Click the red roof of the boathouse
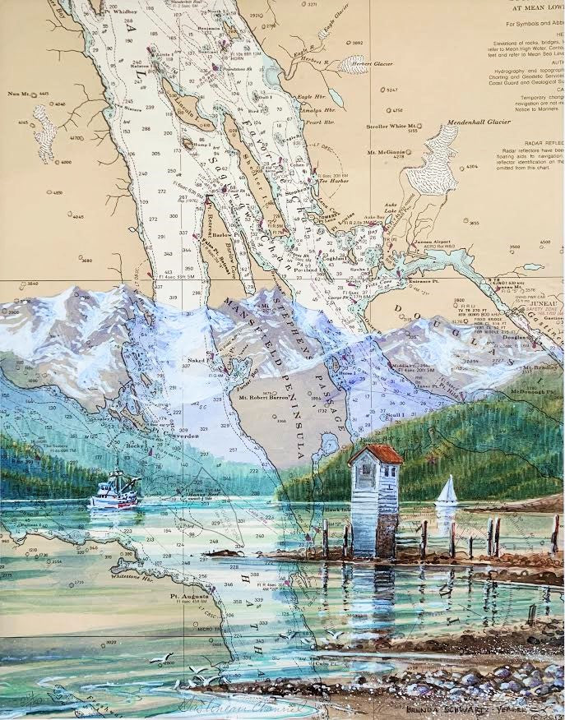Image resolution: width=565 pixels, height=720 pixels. click(x=376, y=454)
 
